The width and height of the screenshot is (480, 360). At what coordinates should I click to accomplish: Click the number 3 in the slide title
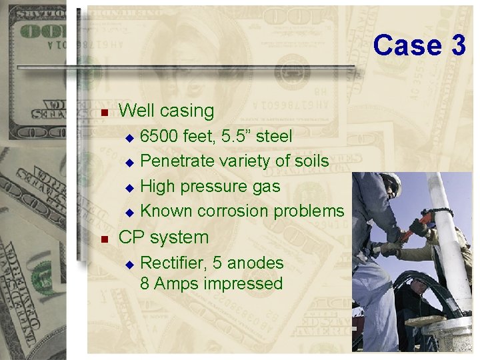click(x=458, y=45)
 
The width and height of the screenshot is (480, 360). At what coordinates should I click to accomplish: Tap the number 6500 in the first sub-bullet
click(x=159, y=136)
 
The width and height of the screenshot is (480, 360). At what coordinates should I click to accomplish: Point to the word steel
click(x=274, y=136)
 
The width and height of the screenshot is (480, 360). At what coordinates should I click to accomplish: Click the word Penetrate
click(x=175, y=161)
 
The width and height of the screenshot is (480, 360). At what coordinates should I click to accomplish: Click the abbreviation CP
click(x=129, y=237)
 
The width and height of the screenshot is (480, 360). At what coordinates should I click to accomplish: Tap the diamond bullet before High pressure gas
click(x=130, y=187)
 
